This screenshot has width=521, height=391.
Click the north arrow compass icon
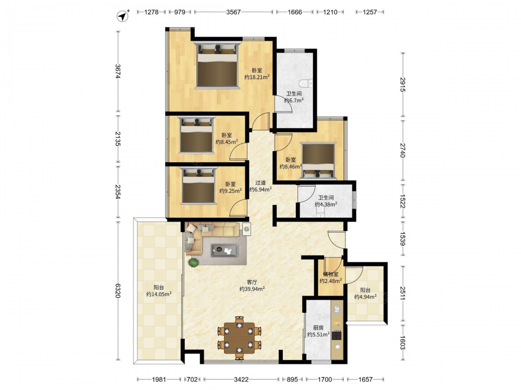[123, 16]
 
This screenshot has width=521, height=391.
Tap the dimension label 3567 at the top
[233, 12]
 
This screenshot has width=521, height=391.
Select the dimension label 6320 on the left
[118, 290]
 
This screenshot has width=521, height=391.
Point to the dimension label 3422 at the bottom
[241, 380]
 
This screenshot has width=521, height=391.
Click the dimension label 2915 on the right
[403, 84]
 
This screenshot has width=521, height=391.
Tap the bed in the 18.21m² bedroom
[218, 65]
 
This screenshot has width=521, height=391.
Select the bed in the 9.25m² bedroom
[199, 186]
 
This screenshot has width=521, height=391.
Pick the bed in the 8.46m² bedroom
[318, 161]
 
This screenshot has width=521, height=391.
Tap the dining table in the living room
[239, 337]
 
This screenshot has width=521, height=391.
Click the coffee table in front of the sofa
[225, 250]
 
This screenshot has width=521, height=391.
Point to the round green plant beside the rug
[193, 262]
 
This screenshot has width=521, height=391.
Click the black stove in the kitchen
[337, 335]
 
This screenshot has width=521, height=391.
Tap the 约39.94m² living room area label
[252, 289]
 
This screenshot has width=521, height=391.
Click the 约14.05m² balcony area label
[159, 294]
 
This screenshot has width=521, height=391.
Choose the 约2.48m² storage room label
[331, 282]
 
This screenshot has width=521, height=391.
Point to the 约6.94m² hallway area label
[260, 190]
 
